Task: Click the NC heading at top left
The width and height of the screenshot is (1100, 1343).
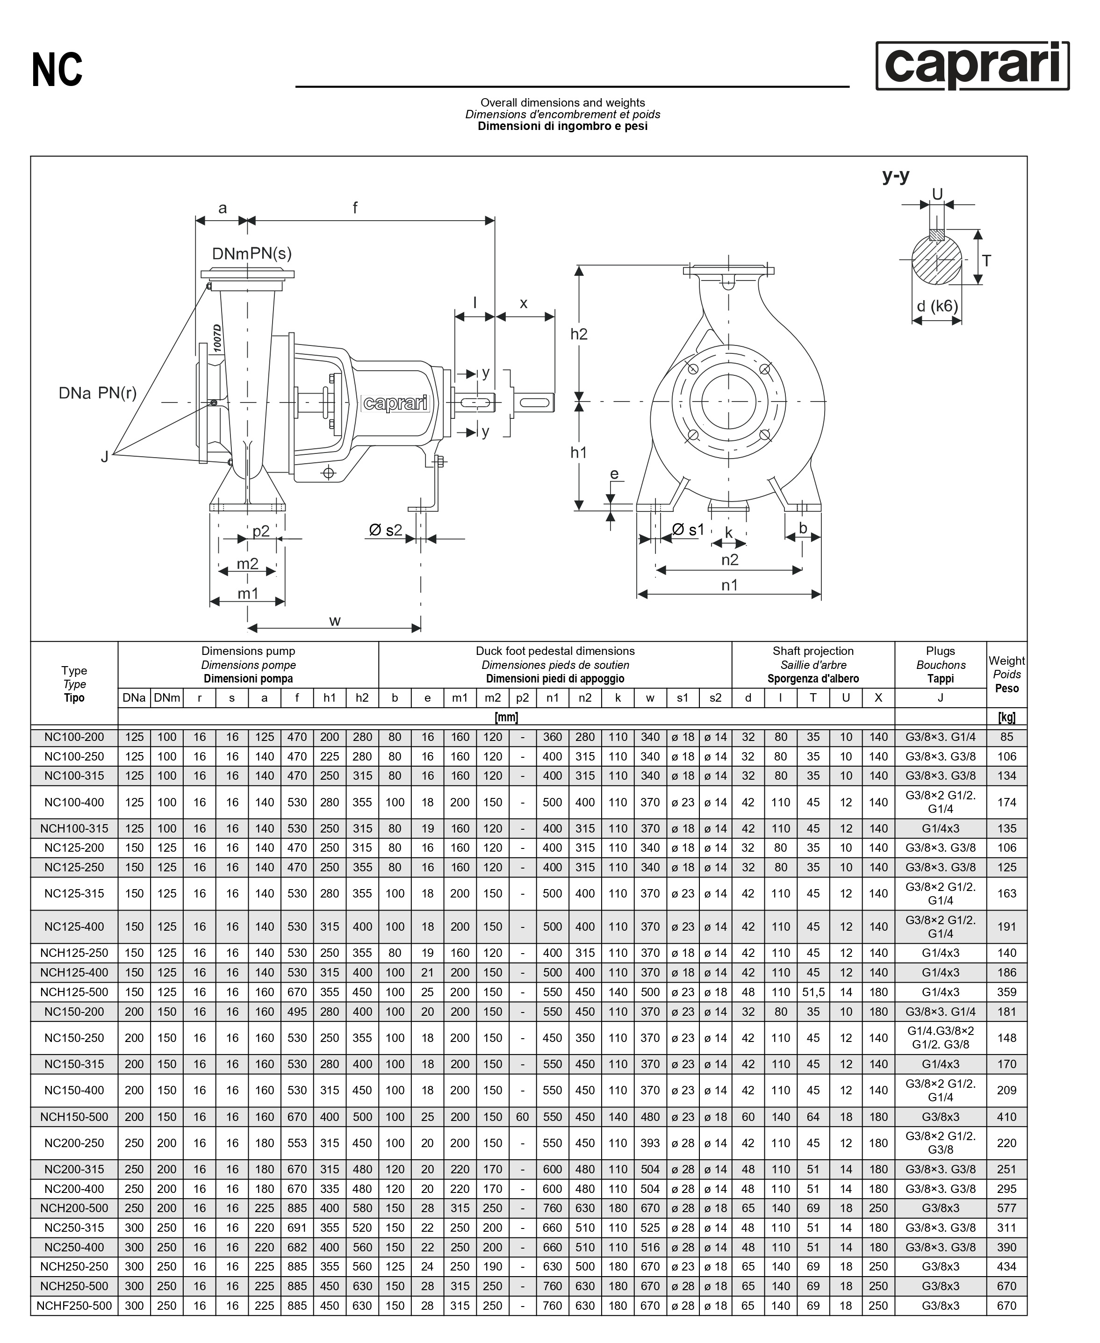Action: [x=57, y=70]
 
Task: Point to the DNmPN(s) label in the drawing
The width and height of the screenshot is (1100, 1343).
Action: [x=252, y=253]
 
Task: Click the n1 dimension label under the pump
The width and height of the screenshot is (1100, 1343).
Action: [x=729, y=585]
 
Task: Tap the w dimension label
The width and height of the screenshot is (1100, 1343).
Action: [x=335, y=620]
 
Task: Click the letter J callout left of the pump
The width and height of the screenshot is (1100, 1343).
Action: [x=105, y=456]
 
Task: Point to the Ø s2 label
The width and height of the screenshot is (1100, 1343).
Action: [x=385, y=530]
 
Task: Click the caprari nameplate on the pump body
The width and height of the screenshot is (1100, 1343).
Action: [x=396, y=403]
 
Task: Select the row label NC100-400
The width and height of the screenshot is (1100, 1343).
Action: [x=74, y=802]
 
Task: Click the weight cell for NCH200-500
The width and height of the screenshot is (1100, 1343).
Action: [x=1006, y=1208]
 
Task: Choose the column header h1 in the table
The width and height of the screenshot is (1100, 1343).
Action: [x=330, y=697]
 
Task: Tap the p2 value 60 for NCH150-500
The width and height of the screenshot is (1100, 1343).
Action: [x=522, y=1117]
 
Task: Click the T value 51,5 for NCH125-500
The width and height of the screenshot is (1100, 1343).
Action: [x=813, y=992]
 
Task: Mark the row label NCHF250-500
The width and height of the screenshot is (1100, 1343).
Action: [x=74, y=1306]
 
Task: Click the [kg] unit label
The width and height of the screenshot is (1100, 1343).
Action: [x=1006, y=717]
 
